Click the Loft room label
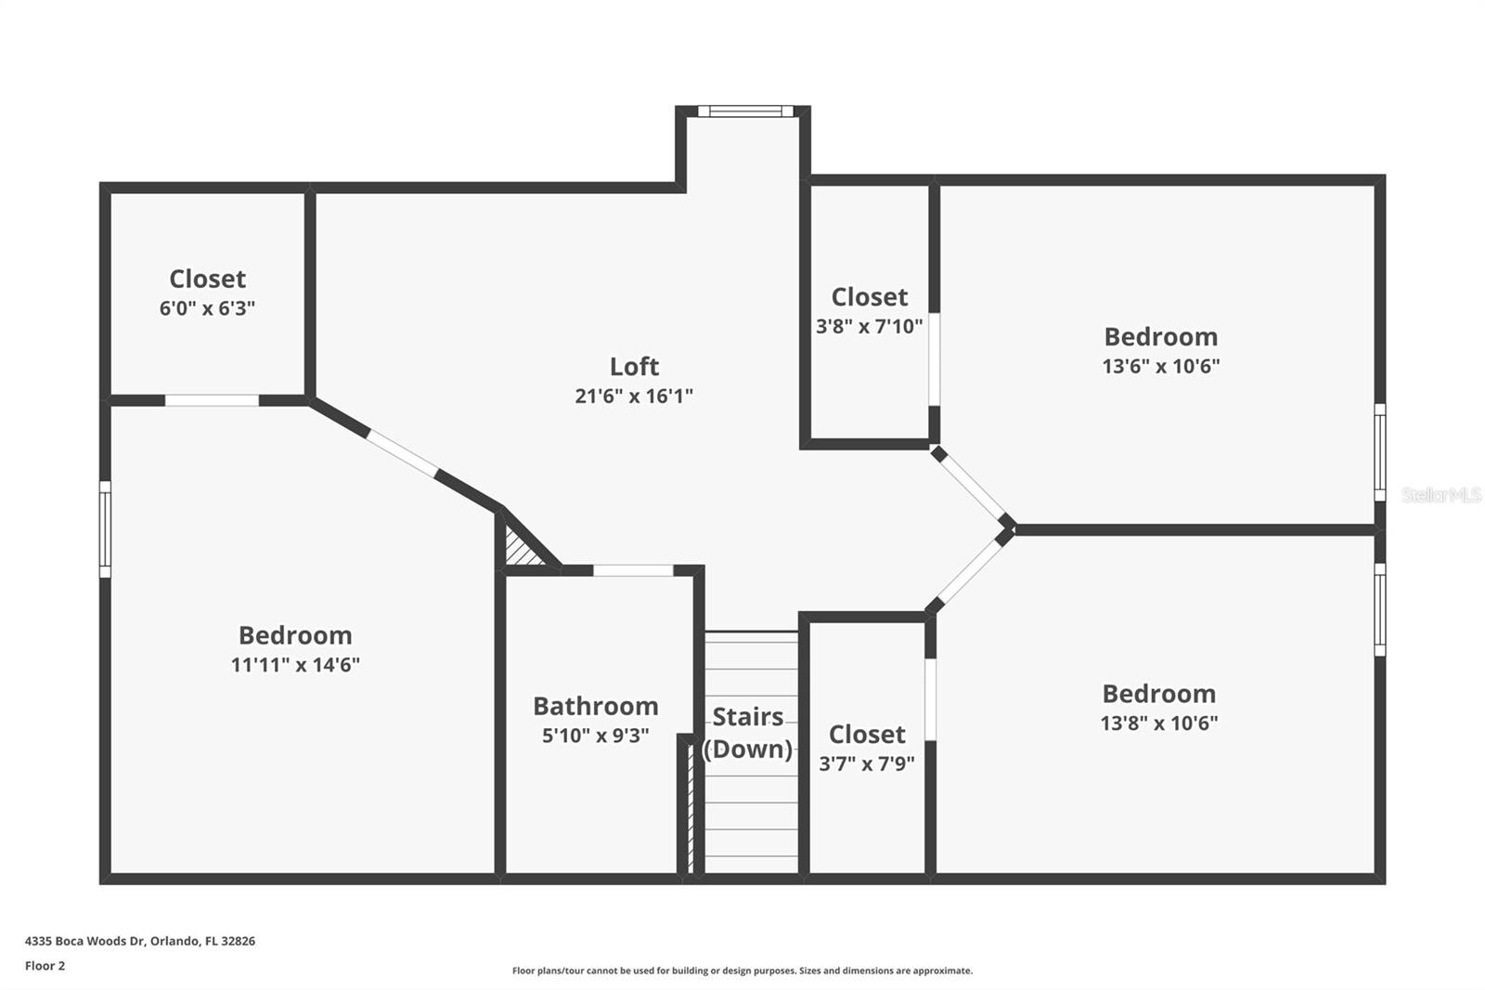click(634, 366)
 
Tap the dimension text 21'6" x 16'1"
click(634, 396)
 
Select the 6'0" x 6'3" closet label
click(207, 307)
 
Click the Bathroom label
click(595, 706)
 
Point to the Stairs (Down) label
click(748, 733)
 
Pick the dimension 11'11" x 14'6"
click(295, 664)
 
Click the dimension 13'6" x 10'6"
click(1160, 366)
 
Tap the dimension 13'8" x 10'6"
click(1158, 723)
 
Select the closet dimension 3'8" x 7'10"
click(869, 326)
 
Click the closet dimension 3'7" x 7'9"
click(866, 763)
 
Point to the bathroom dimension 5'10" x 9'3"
click(595, 736)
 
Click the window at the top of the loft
click(745, 111)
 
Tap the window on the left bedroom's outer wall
click(105, 529)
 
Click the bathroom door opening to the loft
click(633, 570)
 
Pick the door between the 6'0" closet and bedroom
click(212, 400)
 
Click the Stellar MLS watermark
click(1440, 495)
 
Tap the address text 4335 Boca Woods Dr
click(139, 941)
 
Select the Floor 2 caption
click(45, 966)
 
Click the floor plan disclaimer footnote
click(742, 970)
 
